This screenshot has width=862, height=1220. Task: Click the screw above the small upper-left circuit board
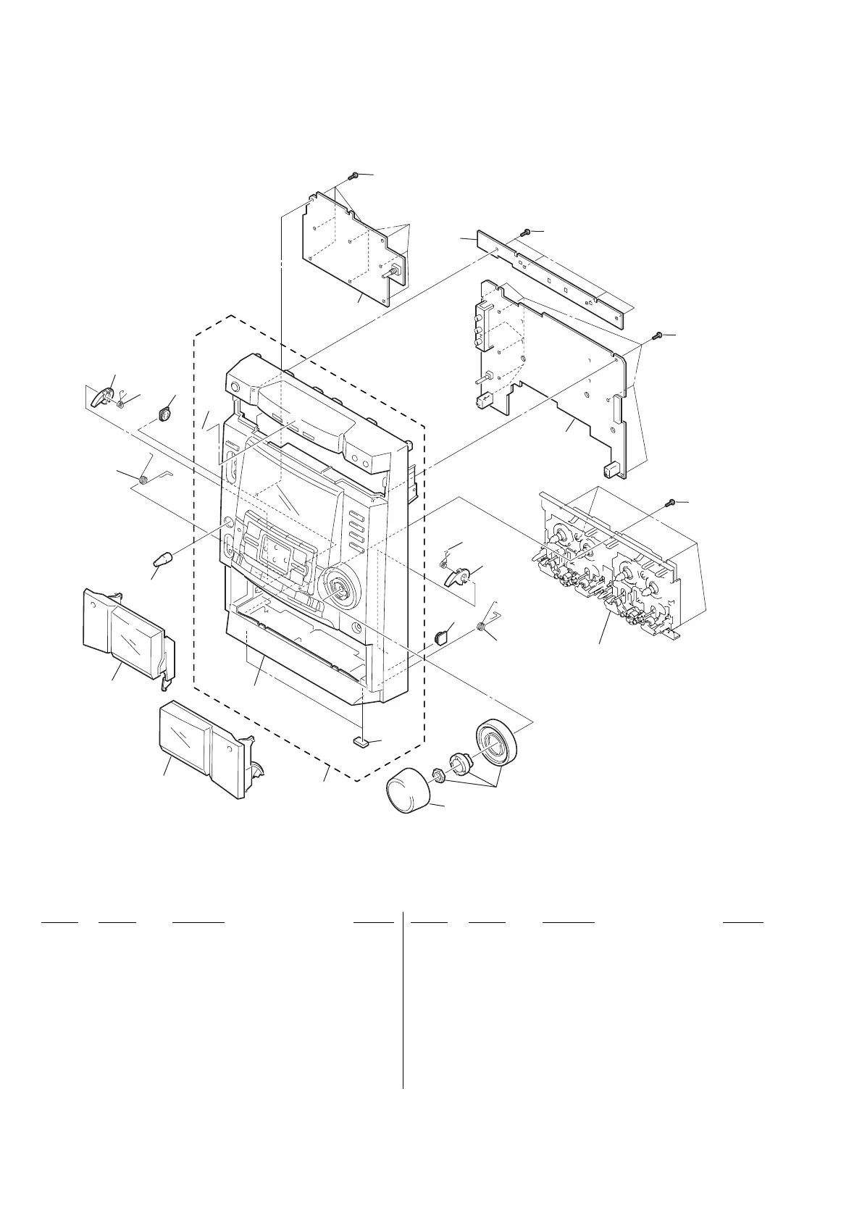(354, 175)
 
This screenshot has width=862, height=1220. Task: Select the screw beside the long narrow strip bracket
(527, 231)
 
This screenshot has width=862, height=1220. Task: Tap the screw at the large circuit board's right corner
(658, 335)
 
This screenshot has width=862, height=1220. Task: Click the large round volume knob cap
(409, 793)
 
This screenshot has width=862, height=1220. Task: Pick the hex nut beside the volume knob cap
(438, 774)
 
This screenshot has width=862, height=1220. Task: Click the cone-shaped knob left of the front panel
(163, 561)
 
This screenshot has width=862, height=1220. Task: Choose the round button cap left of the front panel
(166, 415)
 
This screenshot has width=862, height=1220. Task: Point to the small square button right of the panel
(440, 637)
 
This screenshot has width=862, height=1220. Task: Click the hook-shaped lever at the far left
(104, 396)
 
